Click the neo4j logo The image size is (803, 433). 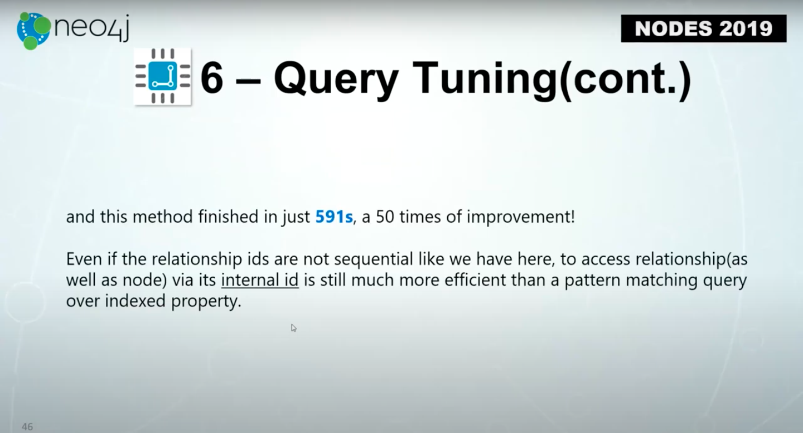(x=72, y=31)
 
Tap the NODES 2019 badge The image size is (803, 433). (x=704, y=28)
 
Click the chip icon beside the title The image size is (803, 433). (x=162, y=76)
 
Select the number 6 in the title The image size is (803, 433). (x=212, y=78)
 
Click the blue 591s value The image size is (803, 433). (x=333, y=216)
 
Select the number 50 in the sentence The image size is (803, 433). (x=385, y=216)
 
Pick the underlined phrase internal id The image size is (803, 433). (x=259, y=280)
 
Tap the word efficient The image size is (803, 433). (x=475, y=280)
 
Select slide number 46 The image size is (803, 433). (x=27, y=426)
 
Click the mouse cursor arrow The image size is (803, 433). (x=293, y=328)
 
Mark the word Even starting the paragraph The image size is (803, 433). (x=84, y=259)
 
